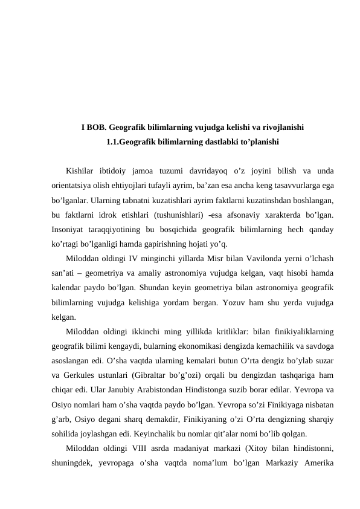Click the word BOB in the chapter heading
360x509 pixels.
97,128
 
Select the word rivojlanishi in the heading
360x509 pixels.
281,128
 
